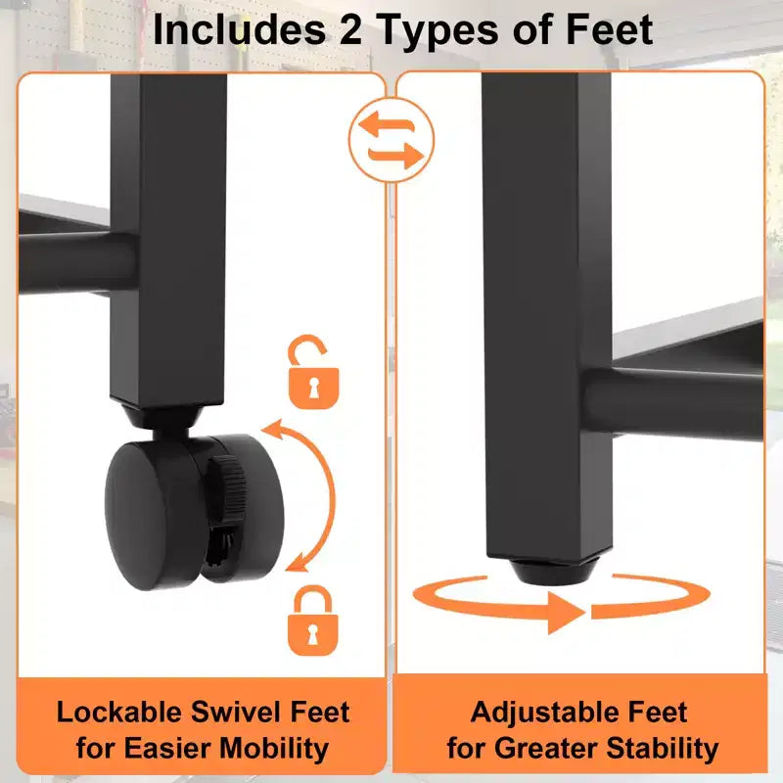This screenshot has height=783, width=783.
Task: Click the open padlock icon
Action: (x=313, y=372)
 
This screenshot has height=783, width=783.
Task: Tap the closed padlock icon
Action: (x=313, y=621)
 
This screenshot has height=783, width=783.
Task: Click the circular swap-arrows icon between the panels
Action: (x=391, y=140)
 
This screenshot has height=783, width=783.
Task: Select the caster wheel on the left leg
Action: (x=194, y=512)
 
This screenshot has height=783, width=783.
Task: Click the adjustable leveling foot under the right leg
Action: (x=548, y=571)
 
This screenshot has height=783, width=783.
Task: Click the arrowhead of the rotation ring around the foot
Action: (x=567, y=613)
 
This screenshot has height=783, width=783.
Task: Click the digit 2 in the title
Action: (x=351, y=30)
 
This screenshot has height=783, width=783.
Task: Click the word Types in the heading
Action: (x=439, y=31)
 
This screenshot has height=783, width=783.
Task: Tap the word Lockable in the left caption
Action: (x=119, y=712)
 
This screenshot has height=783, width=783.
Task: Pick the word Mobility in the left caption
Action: (x=274, y=749)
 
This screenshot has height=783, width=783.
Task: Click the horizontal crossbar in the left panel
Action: (x=78, y=262)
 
